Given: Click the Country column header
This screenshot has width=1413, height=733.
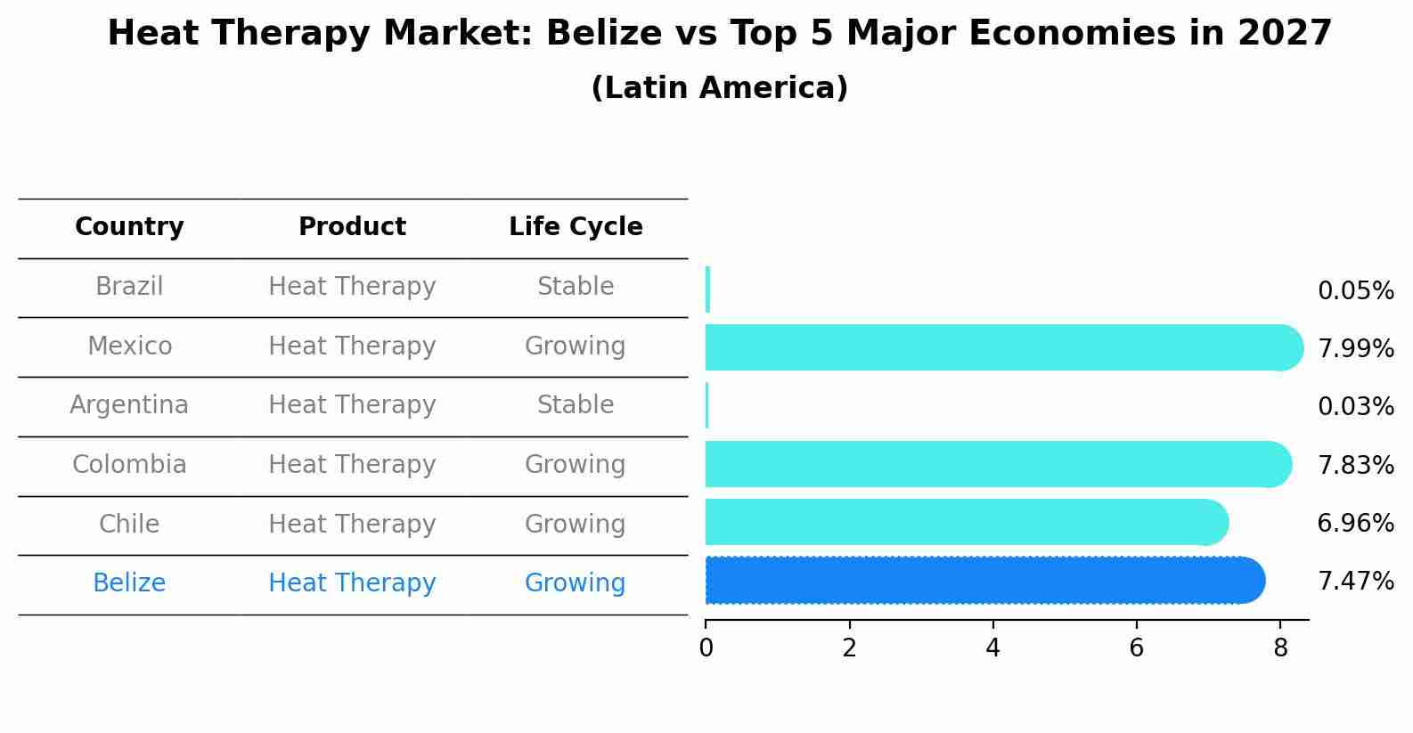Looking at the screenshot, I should (x=129, y=227).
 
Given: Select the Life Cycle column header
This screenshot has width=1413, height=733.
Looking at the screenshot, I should (x=576, y=227).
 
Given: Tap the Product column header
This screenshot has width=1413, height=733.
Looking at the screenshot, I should (x=352, y=227).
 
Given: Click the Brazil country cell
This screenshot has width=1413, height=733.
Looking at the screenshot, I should (x=129, y=287).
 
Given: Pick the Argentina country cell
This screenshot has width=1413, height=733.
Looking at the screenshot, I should (x=129, y=405).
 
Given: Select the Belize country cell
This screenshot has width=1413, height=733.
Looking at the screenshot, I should (x=129, y=583).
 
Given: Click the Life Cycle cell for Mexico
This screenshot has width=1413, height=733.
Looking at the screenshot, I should (x=576, y=346).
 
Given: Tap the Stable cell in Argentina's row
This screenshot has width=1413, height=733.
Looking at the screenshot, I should (x=576, y=405).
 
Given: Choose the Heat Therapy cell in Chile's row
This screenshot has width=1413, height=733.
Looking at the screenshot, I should (x=352, y=525).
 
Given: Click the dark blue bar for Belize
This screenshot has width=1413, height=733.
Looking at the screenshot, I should (x=980, y=580).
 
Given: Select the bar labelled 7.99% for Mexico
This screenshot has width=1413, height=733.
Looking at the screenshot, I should (x=998, y=347).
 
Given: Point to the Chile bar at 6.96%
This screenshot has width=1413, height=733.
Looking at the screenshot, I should (x=962, y=522).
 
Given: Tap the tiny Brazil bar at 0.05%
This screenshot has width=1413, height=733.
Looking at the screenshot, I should (x=707, y=289).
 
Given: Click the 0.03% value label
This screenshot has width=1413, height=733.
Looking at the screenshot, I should (x=1355, y=407).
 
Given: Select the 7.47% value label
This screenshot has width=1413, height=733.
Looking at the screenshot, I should (x=1355, y=582).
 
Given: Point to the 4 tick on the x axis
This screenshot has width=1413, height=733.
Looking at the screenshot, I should (x=992, y=648).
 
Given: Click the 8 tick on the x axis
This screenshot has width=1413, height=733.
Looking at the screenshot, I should (x=1280, y=648).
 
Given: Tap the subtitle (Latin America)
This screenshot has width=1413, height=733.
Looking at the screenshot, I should (x=719, y=88).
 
